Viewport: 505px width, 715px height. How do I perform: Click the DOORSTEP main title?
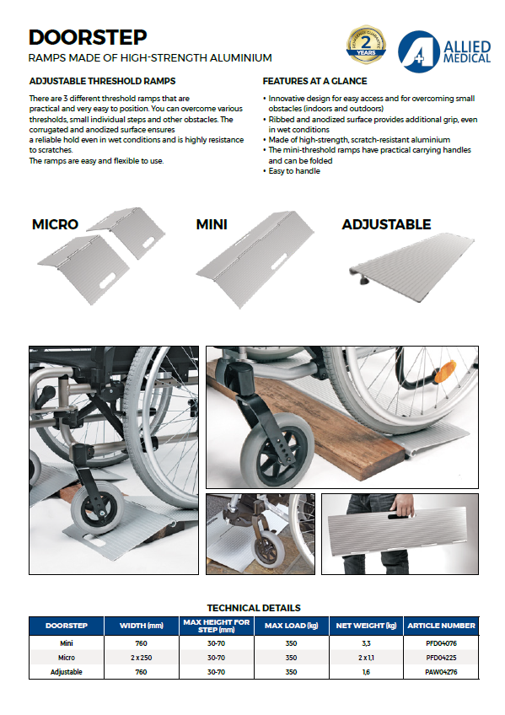[x=88, y=37]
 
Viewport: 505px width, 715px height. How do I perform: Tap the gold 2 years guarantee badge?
[x=366, y=45]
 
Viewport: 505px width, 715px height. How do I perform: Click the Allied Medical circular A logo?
[x=418, y=51]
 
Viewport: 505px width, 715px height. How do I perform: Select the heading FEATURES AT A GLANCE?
[x=314, y=81]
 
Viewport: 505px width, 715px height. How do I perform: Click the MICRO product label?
[x=55, y=224]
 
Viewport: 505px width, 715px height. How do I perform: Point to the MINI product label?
[x=212, y=224]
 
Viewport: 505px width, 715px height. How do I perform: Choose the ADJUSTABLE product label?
[x=386, y=224]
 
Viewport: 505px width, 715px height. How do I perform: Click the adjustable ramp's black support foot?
[x=365, y=280]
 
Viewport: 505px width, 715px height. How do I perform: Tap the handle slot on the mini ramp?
[x=279, y=266]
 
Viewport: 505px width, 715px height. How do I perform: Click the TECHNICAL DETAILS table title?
[x=254, y=608]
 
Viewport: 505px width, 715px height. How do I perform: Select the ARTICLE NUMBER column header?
[x=441, y=626]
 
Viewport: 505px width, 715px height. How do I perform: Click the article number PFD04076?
[x=441, y=643]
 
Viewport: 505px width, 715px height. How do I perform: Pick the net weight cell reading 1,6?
[x=366, y=672]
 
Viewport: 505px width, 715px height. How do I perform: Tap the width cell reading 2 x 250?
[x=142, y=658]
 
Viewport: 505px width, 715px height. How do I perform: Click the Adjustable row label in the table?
[x=67, y=672]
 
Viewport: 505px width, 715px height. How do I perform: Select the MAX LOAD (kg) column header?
[x=291, y=626]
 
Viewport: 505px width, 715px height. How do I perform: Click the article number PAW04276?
[x=441, y=672]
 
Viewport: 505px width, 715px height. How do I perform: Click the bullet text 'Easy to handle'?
[x=294, y=171]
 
